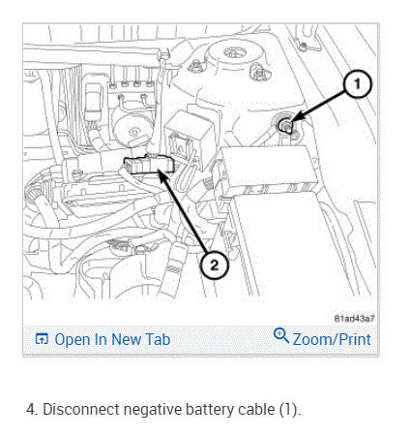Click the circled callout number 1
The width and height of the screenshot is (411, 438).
pos(355,84)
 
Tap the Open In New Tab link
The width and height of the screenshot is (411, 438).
pos(102,339)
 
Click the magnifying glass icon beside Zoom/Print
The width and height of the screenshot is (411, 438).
pos(281,337)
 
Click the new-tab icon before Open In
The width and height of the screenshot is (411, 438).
pos(41,339)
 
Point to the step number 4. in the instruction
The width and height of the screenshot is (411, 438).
pos(32,409)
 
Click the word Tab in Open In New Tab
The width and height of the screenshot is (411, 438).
pos(158,339)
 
